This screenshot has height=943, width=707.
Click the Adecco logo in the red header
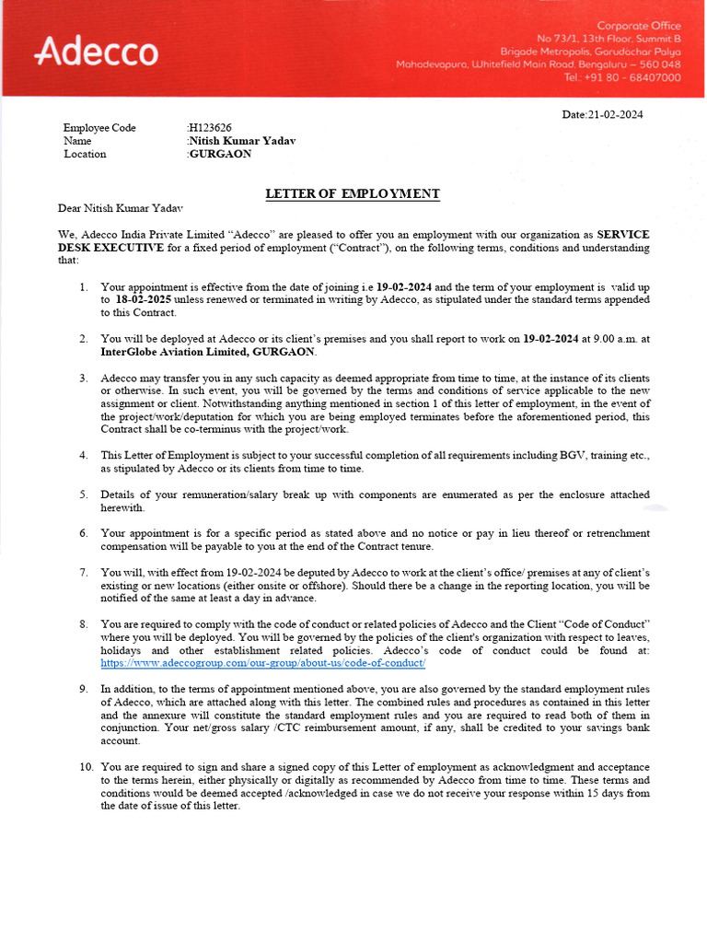point(96,52)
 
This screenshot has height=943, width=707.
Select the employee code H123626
point(211,128)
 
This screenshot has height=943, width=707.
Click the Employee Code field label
point(99,128)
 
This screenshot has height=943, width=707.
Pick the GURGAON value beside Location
point(220,154)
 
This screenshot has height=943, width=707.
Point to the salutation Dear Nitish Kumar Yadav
point(126,209)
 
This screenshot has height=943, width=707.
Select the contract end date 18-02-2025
point(145,300)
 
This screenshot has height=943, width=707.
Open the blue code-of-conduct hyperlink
point(262,663)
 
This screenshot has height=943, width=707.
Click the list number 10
point(86,767)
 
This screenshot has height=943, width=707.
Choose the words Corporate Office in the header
point(639,25)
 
